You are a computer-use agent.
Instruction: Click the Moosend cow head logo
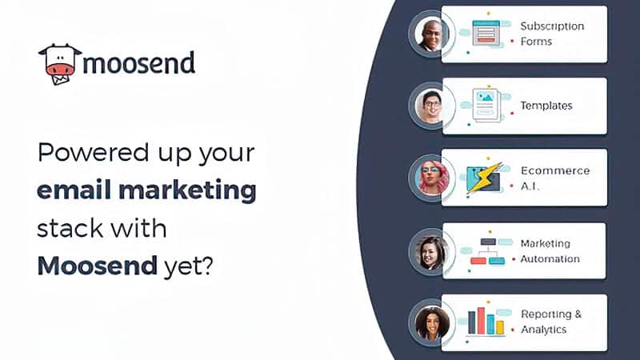tap(59, 64)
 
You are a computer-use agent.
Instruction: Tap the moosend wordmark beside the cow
tap(138, 63)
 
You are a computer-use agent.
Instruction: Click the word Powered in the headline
tap(94, 152)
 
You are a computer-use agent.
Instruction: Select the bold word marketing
tap(187, 190)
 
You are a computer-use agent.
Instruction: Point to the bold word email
tap(74, 190)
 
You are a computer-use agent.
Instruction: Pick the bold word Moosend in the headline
tap(97, 266)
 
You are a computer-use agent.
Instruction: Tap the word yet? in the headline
tap(188, 267)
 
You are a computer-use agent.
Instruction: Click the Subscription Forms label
tap(552, 34)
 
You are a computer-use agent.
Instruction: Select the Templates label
tap(546, 106)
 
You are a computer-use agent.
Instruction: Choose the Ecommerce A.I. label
tap(555, 178)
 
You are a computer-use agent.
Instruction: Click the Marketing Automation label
tap(550, 251)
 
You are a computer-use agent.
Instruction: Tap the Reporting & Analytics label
tap(551, 322)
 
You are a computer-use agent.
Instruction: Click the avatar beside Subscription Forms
tap(430, 34)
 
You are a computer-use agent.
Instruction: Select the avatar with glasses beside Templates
tap(432, 106)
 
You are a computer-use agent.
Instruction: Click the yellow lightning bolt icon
tap(486, 177)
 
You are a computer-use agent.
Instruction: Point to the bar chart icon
tap(486, 321)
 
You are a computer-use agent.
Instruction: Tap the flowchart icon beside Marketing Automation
tap(488, 251)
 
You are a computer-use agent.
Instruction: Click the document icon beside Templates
tap(486, 106)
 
